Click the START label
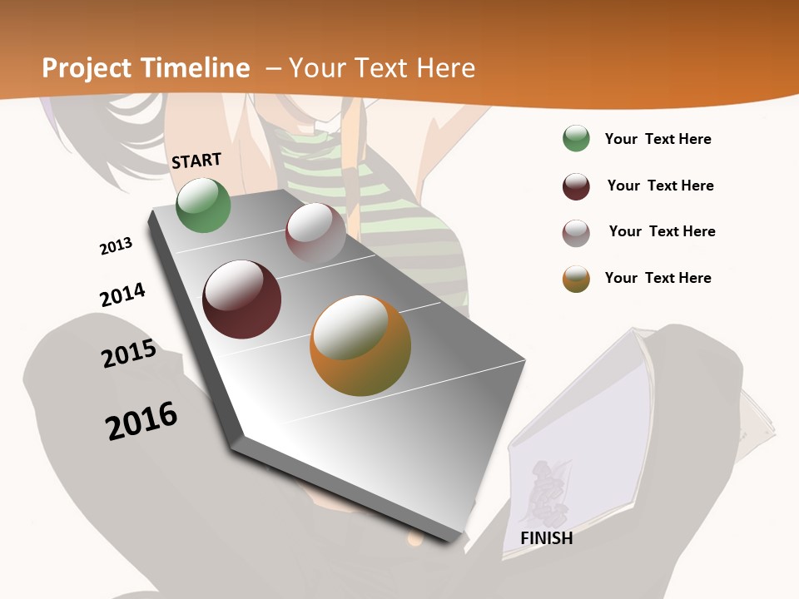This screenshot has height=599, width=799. (x=196, y=160)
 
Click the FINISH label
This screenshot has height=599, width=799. (x=546, y=538)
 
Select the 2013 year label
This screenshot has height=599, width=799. (x=116, y=245)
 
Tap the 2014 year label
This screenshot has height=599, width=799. (x=122, y=295)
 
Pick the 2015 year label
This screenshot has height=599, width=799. (x=128, y=354)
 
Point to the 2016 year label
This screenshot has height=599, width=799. (x=141, y=420)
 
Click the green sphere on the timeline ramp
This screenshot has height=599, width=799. (x=203, y=205)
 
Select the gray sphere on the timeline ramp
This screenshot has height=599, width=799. (x=315, y=233)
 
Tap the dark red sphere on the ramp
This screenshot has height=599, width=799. (x=242, y=299)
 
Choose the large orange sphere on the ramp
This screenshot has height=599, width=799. (x=360, y=345)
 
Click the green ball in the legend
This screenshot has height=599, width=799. (x=576, y=139)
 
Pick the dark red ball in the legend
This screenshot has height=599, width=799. (x=576, y=186)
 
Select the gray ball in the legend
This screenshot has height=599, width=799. (x=576, y=232)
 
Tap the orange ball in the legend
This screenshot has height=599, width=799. (x=576, y=279)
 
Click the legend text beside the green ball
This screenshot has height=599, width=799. (x=658, y=139)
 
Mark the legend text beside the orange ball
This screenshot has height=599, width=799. (x=658, y=278)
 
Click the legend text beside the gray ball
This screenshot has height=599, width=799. (x=662, y=231)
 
